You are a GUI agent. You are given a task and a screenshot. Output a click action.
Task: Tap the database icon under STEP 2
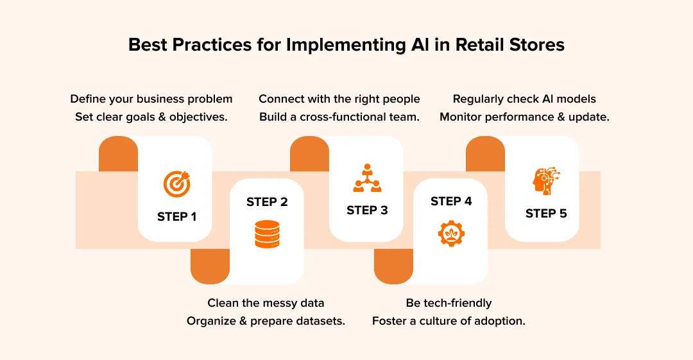click(267, 234)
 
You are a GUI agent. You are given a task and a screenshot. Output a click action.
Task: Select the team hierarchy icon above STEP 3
click(367, 178)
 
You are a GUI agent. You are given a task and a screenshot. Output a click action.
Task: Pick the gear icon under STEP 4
click(451, 233)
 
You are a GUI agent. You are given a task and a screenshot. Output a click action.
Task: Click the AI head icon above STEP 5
click(546, 182)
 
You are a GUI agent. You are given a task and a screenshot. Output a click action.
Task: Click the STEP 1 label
click(176, 217)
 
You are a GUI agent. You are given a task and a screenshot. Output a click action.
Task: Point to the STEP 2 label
click(267, 202)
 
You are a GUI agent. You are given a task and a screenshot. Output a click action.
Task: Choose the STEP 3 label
click(367, 210)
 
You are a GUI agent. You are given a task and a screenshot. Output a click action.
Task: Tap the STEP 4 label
click(451, 201)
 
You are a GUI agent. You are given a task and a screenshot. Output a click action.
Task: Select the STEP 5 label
click(546, 214)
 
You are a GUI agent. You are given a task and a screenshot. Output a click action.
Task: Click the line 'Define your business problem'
click(151, 99)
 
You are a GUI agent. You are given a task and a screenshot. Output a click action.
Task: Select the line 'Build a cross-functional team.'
click(339, 117)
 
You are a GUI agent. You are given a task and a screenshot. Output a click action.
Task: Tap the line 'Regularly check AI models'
click(524, 99)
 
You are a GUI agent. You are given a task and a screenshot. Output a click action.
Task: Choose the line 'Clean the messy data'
click(266, 303)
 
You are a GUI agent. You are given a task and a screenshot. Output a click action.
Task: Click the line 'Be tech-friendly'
click(449, 303)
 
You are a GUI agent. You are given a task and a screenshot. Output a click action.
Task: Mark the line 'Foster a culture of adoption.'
click(449, 321)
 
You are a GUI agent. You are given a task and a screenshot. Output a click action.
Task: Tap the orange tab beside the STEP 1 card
click(119, 154)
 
